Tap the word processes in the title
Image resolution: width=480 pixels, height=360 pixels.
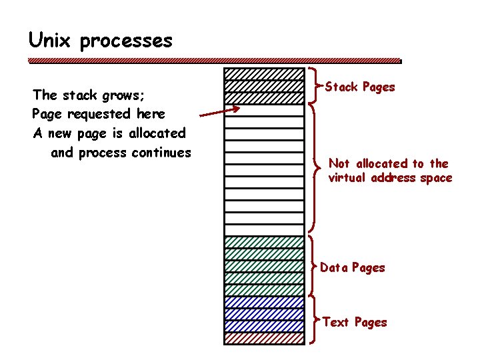pyautogui.click(x=126, y=42)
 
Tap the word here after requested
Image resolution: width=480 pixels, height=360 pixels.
pyautogui.click(x=151, y=114)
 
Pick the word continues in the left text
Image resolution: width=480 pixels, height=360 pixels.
pyautogui.click(x=161, y=153)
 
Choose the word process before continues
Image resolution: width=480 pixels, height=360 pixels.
pyautogui.click(x=103, y=153)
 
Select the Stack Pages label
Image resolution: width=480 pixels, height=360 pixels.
pyautogui.click(x=359, y=87)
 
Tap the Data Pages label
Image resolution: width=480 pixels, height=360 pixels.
pyautogui.click(x=353, y=268)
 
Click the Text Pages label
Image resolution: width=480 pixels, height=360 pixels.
pyautogui.click(x=355, y=323)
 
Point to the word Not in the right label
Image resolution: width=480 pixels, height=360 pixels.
pyautogui.click(x=339, y=163)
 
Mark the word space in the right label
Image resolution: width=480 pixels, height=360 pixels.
pyautogui.click(x=436, y=179)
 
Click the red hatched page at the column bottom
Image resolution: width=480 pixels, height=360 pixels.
pyautogui.click(x=264, y=338)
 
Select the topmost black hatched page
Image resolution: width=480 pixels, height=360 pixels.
pyautogui.click(x=264, y=74)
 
